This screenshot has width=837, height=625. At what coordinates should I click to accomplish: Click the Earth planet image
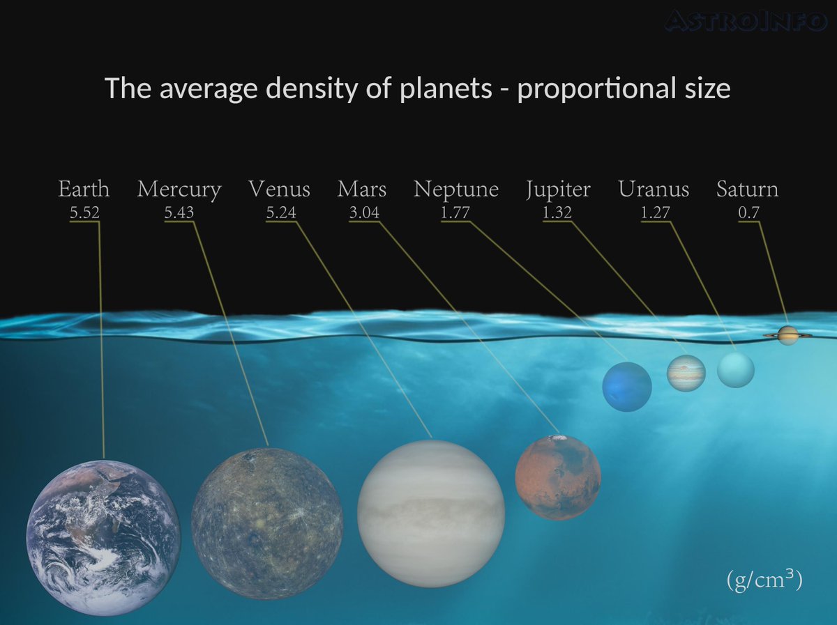pos(103,537)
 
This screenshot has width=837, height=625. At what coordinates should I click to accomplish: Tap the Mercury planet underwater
pos(267,523)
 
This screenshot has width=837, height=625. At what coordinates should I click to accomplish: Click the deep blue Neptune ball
pos(627,387)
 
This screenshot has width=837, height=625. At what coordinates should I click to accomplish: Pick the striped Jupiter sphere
pos(686,373)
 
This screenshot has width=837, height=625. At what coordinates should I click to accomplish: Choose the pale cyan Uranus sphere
pos(736,369)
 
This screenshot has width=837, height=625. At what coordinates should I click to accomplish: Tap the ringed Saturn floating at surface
pos(787,335)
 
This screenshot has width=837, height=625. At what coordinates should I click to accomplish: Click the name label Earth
pos(84,190)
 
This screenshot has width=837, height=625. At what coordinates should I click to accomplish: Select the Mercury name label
pos(179,190)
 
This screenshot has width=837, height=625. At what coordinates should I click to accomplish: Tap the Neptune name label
pos(456,190)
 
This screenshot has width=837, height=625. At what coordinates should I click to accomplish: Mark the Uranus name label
pos(654,190)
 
